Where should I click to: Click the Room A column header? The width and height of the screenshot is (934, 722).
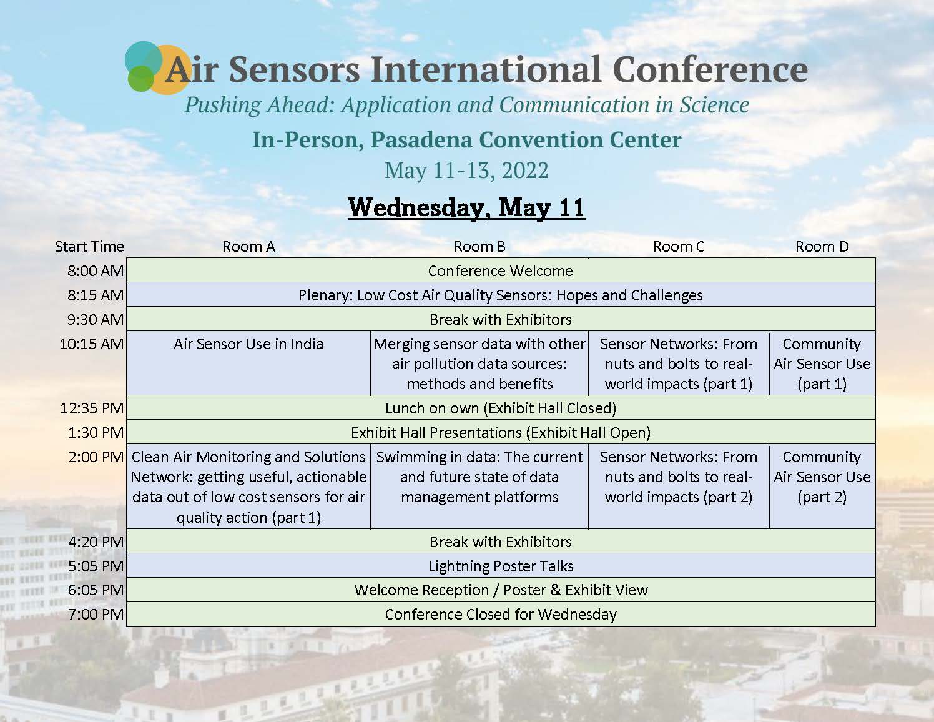(248, 247)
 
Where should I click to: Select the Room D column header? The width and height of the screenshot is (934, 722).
(822, 247)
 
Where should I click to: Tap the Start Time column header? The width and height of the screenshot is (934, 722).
(89, 247)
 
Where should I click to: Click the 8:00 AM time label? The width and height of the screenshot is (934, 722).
(96, 270)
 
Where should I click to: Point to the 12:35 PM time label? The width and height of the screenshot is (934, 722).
(92, 408)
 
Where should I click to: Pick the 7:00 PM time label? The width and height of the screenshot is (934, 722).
(96, 614)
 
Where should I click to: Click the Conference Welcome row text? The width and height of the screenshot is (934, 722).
(501, 270)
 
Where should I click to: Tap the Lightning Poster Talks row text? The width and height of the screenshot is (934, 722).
(501, 566)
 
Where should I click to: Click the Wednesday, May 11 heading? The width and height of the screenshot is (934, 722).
(467, 208)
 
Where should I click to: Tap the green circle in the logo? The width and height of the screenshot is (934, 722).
(141, 79)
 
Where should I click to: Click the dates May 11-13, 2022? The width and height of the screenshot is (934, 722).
(467, 171)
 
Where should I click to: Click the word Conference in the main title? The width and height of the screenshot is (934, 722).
(710, 70)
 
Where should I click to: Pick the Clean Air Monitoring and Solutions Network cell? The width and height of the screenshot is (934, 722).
(248, 487)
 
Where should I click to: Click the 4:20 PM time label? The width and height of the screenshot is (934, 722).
(96, 542)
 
